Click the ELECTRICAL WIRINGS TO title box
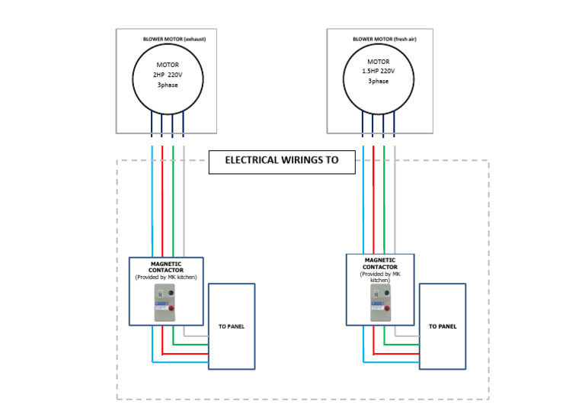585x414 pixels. point(282,161)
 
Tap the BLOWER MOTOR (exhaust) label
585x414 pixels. point(174,39)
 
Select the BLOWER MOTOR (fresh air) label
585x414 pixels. point(384,39)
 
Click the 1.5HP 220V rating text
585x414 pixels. point(379,71)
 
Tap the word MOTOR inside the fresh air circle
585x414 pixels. point(379,62)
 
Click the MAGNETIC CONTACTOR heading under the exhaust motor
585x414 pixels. point(166,266)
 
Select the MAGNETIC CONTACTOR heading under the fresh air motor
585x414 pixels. point(380,264)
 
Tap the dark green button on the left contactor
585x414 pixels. point(171,292)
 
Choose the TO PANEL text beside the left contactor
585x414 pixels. point(232,326)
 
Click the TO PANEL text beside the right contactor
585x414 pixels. point(443,326)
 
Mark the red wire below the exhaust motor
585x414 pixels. point(162,206)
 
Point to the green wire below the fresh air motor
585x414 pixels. point(384,206)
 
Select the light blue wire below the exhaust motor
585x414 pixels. point(152,206)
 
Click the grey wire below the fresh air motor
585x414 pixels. point(395,206)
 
